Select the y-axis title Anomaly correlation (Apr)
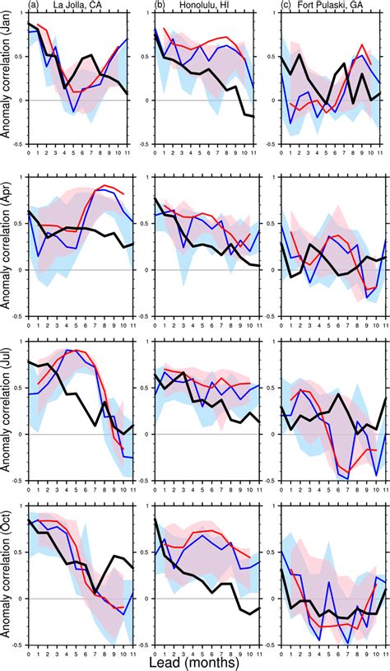[x=7, y=246]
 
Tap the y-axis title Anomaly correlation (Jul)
[x=7, y=412]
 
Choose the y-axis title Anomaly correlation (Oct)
[x=7, y=576]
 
